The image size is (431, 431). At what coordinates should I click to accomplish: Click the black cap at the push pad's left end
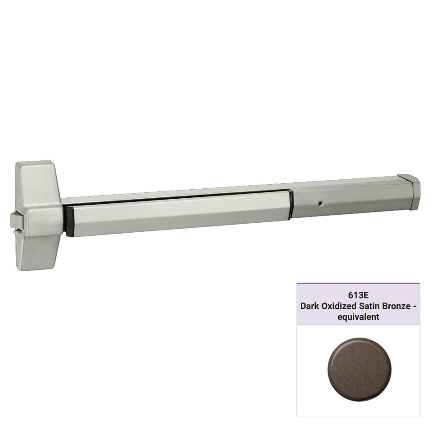(69, 221)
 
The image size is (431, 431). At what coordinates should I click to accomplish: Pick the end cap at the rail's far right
(409, 191)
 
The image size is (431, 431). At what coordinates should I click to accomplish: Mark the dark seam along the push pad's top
(177, 198)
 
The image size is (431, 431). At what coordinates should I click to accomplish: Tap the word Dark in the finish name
(309, 306)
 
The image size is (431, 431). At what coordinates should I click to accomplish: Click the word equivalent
(358, 317)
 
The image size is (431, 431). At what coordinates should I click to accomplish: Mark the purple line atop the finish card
(358, 284)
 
